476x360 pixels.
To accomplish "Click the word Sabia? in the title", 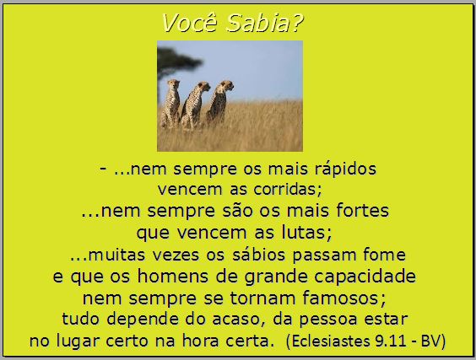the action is coord(264,23).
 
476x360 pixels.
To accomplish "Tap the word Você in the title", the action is coord(191,23).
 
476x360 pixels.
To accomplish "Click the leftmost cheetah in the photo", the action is coord(170,104).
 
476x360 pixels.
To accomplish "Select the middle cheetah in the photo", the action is coord(195,105).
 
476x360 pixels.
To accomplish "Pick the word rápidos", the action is coord(345,169).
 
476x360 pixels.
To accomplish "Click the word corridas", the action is coord(285,189).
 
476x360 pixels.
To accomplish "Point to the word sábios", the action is coord(258,254).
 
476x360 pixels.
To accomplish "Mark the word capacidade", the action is coord(365,277).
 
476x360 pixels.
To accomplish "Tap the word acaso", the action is coord(235,319).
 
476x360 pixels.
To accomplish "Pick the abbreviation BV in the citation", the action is coord(430,341).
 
